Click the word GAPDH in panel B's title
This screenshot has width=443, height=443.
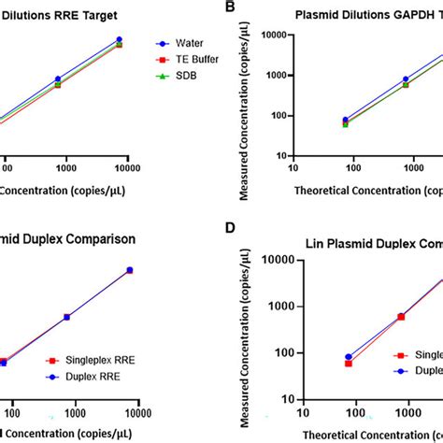pyautogui.click(x=406, y=15)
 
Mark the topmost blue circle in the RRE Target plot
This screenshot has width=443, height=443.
pyautogui.click(x=119, y=40)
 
